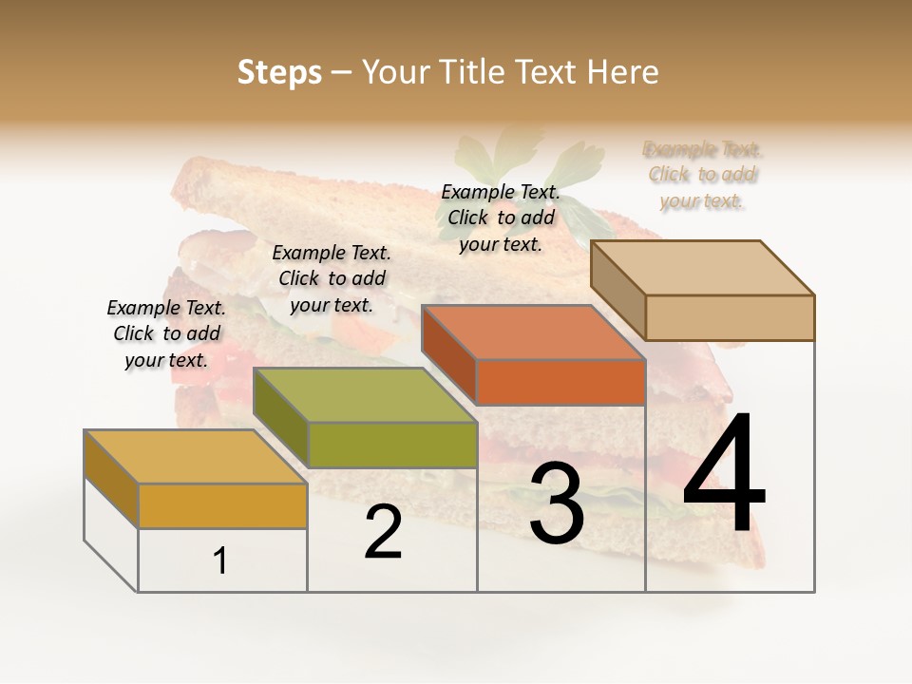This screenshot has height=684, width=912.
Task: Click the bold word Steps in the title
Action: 279,72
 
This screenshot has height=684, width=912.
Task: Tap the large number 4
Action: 725,475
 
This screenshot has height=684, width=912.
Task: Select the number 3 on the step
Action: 557,503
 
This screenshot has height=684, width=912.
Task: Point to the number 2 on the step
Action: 384,532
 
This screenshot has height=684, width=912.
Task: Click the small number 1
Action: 220,561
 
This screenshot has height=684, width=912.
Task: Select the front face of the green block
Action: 392,445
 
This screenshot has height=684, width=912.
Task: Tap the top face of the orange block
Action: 532,332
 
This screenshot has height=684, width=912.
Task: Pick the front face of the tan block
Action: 730,317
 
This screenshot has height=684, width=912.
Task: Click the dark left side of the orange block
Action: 448,352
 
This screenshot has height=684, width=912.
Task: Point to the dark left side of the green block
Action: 280,416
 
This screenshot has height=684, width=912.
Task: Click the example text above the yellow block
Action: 166,333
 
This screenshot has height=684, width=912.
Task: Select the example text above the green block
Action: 332,278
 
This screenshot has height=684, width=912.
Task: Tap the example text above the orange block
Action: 501,218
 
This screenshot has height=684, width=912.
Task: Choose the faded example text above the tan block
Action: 703,175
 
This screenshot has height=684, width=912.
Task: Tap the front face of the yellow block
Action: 222,505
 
